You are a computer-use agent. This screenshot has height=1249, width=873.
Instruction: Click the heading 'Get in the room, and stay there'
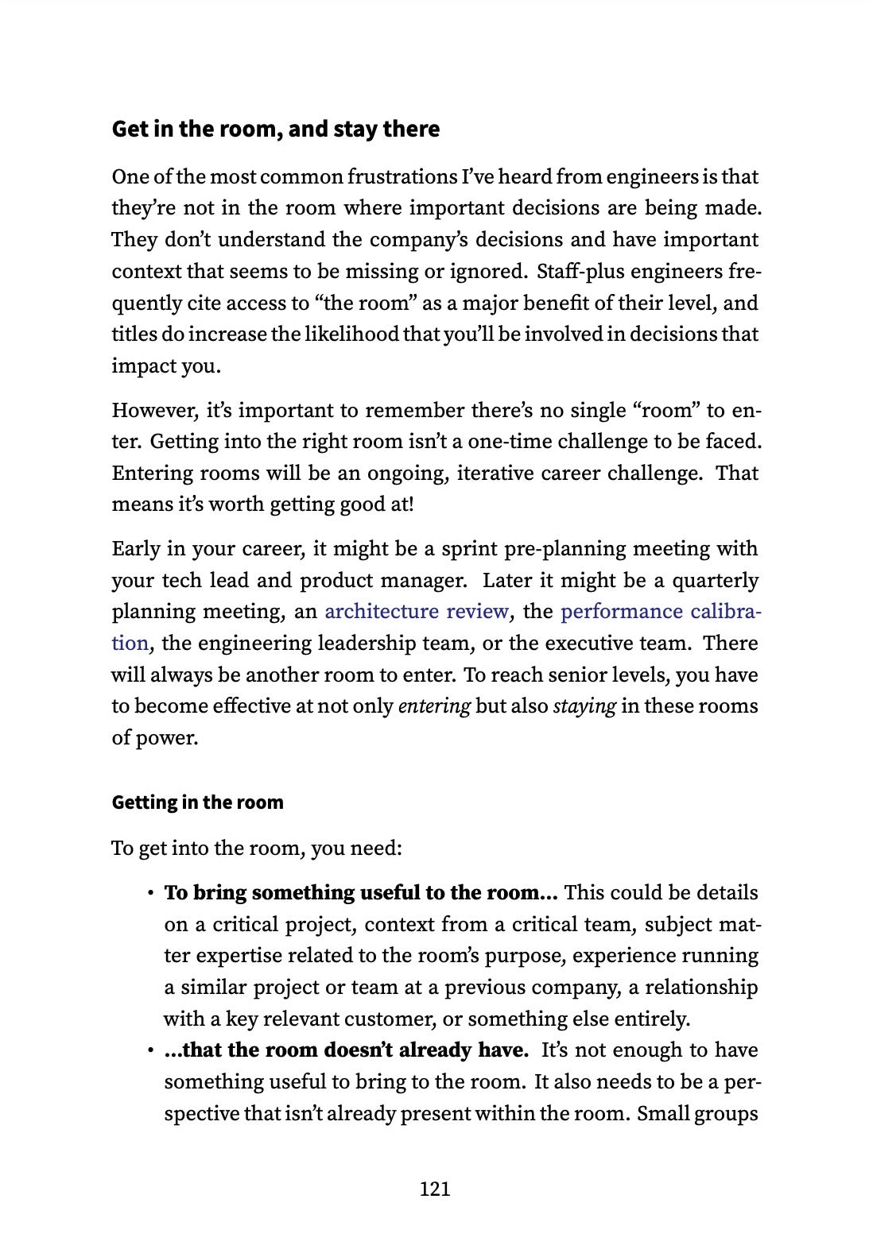(x=275, y=129)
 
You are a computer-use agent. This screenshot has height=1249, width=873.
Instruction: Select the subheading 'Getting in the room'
(x=197, y=802)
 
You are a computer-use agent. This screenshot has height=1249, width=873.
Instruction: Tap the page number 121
(x=435, y=1189)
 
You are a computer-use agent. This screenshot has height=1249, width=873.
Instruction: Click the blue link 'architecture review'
(x=417, y=611)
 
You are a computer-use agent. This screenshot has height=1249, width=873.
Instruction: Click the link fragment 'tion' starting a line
(x=130, y=643)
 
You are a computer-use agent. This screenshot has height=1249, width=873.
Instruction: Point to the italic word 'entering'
(x=434, y=706)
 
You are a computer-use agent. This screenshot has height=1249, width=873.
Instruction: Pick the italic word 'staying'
(x=584, y=706)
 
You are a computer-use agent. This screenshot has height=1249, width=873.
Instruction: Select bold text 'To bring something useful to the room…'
(x=360, y=892)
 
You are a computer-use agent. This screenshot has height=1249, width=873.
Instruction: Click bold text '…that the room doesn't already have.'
(x=346, y=1050)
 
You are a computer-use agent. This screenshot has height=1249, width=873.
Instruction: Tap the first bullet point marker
(x=149, y=894)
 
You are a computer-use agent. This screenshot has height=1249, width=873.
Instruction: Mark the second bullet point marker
(x=149, y=1051)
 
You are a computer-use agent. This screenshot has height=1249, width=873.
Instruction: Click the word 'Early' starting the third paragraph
(x=136, y=548)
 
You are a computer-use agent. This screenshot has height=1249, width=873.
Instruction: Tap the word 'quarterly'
(x=716, y=580)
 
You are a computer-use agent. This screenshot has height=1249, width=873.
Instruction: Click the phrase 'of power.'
(x=154, y=737)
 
